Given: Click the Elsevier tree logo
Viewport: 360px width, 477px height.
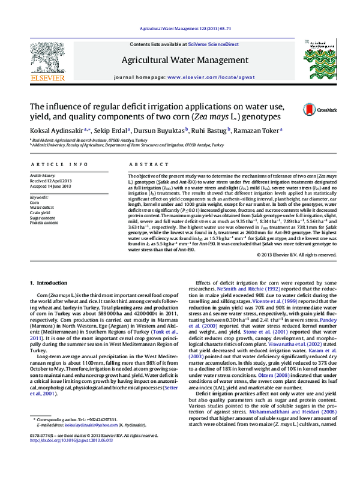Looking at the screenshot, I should (x=37, y=56).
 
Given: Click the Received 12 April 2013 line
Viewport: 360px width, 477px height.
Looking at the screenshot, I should (x=50, y=181).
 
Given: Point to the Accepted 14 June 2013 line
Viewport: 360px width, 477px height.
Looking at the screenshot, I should (x=50, y=185).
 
